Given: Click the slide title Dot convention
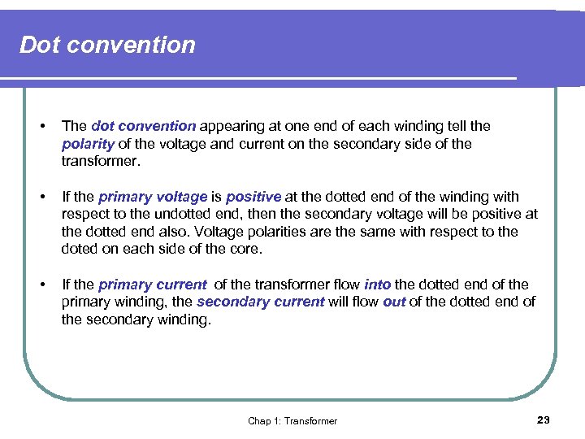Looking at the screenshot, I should tap(107, 45).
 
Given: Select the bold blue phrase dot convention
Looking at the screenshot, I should tap(143, 126).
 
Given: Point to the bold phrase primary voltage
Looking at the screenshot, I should tap(152, 197).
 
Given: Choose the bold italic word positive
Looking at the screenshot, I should tap(253, 197).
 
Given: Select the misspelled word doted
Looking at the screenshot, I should tap(80, 250).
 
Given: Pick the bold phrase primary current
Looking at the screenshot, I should tap(152, 285).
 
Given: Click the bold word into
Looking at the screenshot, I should tap(377, 285).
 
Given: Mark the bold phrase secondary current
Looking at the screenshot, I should tap(260, 302).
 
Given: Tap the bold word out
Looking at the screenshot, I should tap(394, 302).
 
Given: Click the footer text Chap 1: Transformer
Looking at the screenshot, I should tap(292, 421).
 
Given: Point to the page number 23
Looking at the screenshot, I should tap(544, 419).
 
